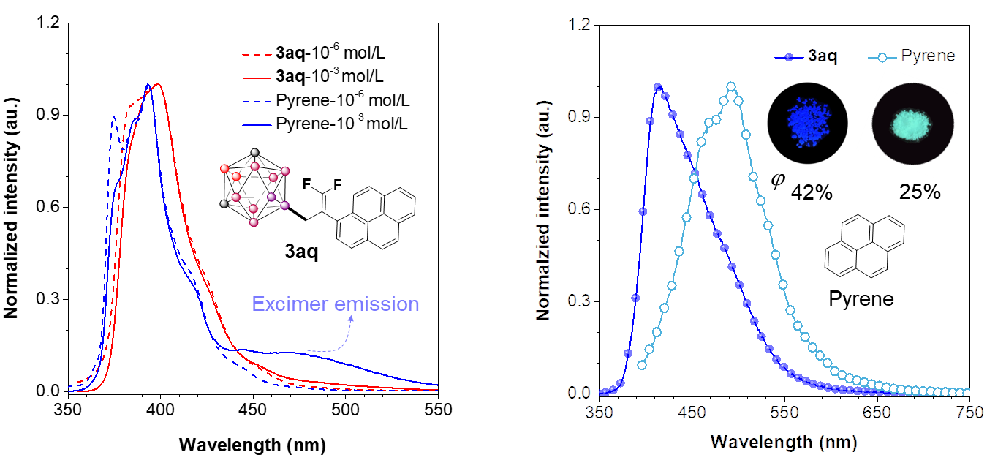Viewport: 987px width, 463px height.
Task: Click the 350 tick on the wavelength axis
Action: (x=600, y=413)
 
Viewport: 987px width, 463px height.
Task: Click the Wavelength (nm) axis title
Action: (x=784, y=443)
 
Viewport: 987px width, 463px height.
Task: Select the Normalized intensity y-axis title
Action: (x=542, y=209)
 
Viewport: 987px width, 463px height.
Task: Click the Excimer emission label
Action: (x=336, y=304)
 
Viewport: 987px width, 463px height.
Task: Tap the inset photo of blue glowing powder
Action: (x=806, y=122)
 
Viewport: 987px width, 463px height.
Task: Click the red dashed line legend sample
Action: (x=257, y=54)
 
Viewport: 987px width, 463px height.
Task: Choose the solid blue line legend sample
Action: (x=257, y=125)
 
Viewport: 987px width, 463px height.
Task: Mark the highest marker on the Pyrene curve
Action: (x=731, y=86)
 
